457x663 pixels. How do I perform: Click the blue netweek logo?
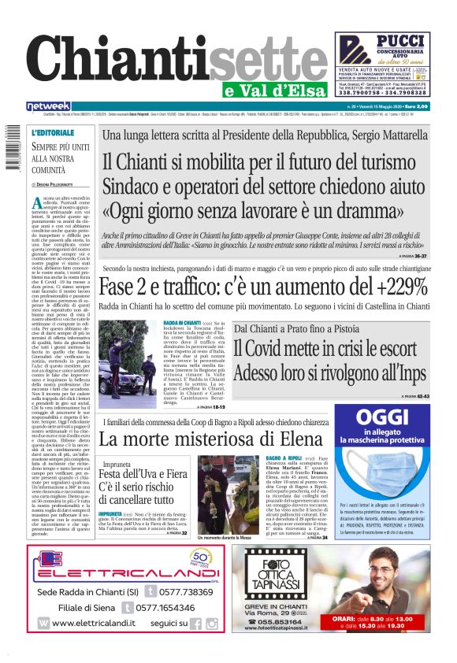coord(48,106)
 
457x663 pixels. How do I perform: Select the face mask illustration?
coord(391,469)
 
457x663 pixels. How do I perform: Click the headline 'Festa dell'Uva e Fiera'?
coord(143,475)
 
